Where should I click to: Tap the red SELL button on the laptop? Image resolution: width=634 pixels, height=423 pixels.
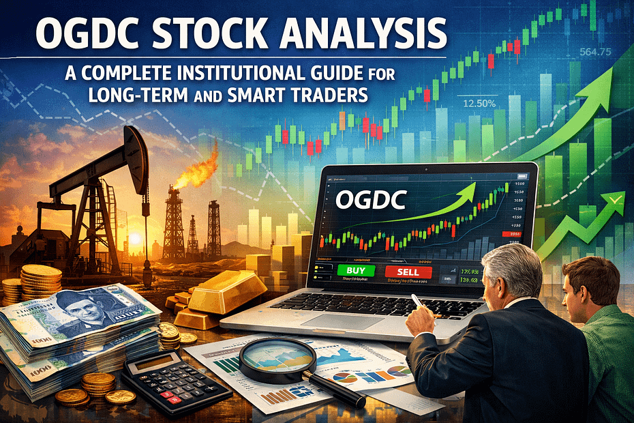click(408, 272)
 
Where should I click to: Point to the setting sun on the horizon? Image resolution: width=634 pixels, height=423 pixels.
click(133, 239)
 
